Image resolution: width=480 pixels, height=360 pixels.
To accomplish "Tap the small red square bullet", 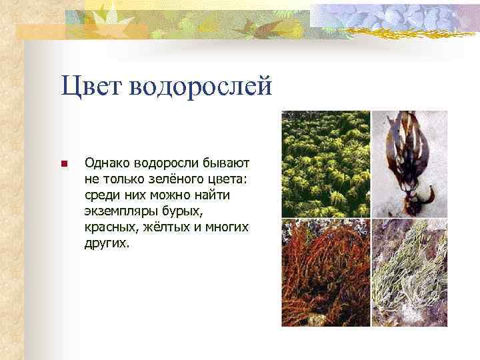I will [63, 164].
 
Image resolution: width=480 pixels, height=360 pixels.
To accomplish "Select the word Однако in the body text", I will [107, 163].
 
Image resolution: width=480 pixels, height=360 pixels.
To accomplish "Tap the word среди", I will [101, 195].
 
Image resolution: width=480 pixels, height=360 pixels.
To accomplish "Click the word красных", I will [109, 227].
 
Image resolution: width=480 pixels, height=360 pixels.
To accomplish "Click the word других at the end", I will [106, 243].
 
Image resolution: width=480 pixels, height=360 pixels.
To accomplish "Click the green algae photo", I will [325, 163].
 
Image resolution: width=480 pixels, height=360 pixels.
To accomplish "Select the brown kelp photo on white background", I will [409, 163].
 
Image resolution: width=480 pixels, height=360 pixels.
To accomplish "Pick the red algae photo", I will [325, 273].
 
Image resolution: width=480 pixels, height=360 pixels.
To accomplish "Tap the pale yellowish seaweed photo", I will [409, 273].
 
